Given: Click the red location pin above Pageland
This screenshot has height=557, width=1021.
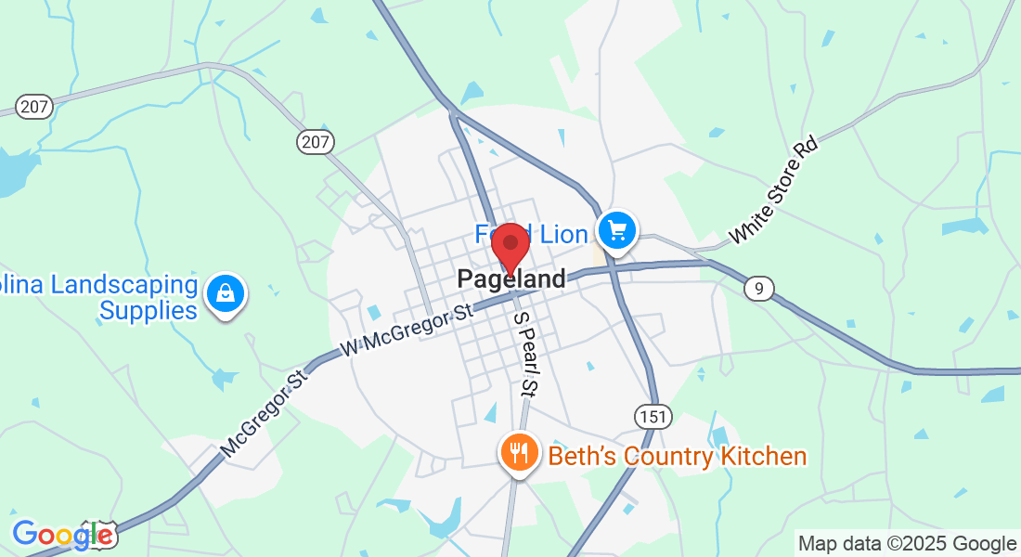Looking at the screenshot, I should click(x=510, y=245).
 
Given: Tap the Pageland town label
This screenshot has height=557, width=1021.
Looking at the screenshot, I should click(x=510, y=279).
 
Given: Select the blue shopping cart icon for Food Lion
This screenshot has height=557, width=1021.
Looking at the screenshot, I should click(x=617, y=229).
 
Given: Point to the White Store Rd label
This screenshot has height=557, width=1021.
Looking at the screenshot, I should click(x=773, y=190).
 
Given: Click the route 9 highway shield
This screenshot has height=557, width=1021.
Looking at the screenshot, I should click(x=758, y=289).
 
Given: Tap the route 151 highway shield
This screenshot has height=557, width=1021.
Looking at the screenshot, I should click(x=653, y=417).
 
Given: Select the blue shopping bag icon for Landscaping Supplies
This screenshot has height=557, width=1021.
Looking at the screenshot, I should click(x=225, y=293).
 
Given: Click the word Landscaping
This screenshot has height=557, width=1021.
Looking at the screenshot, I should click(x=124, y=284).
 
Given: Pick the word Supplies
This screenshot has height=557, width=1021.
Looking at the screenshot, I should click(x=149, y=310).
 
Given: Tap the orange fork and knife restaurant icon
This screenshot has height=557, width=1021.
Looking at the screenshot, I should click(x=517, y=453).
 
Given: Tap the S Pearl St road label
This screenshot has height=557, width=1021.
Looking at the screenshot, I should click(x=525, y=353).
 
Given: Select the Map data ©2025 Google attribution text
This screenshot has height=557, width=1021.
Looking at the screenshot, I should click(x=907, y=543).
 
